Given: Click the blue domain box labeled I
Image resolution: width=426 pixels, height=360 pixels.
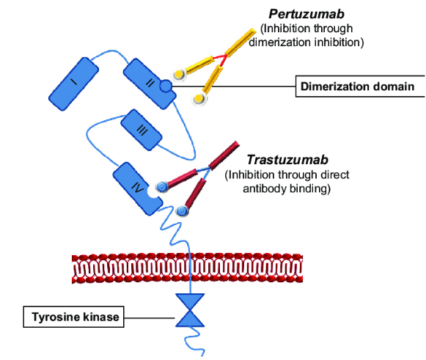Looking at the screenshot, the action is pyautogui.click(x=73, y=84).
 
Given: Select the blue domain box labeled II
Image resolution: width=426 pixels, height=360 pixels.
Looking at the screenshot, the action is pyautogui.click(x=149, y=84).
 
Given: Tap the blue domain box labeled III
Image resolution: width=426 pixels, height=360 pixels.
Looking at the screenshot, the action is pyautogui.click(x=142, y=130).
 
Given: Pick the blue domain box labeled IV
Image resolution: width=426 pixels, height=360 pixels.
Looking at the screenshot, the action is pyautogui.click(x=137, y=189).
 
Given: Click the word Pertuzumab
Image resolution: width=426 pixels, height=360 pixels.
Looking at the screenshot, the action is pyautogui.click(x=306, y=14).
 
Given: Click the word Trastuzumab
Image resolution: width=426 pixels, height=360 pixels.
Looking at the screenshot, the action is pyautogui.click(x=287, y=160).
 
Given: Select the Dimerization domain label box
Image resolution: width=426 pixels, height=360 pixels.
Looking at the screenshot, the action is pyautogui.click(x=360, y=87).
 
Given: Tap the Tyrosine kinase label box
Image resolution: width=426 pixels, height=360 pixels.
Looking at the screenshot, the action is pyautogui.click(x=73, y=317).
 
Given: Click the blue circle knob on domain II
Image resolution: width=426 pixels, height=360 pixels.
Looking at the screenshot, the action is pyautogui.click(x=166, y=86).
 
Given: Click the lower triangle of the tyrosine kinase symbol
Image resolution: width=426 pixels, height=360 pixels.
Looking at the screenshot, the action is pyautogui.click(x=190, y=320).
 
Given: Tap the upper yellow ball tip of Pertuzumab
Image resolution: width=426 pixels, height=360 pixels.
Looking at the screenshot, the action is pyautogui.click(x=178, y=74).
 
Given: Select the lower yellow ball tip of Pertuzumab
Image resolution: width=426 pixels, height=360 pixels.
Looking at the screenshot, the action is pyautogui.click(x=199, y=98).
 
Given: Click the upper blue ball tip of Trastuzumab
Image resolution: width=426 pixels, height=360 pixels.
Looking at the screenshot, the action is pyautogui.click(x=161, y=187).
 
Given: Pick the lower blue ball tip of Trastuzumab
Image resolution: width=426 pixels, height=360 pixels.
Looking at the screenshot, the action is pyautogui.click(x=182, y=210).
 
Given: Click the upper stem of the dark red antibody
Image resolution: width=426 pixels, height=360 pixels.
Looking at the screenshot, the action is pyautogui.click(x=224, y=155).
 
